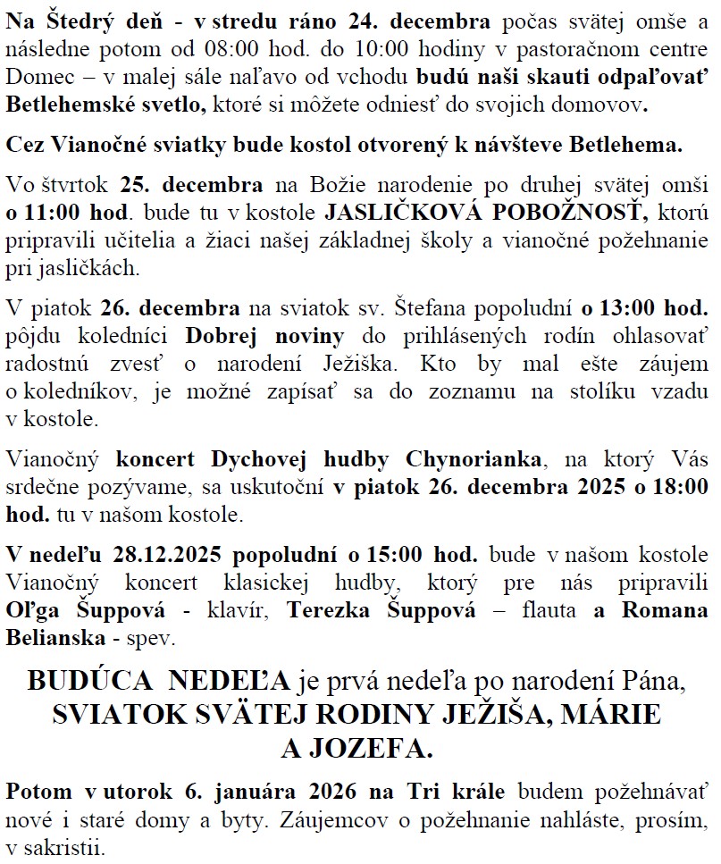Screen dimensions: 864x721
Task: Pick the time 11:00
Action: [50, 214]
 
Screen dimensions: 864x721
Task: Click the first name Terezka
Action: [332, 612]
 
